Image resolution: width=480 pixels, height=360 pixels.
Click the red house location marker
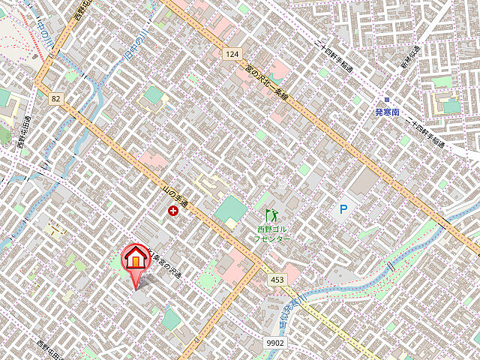[136, 259]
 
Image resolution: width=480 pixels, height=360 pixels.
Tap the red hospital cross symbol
[174, 212]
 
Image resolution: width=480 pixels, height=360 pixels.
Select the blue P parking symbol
[343, 211]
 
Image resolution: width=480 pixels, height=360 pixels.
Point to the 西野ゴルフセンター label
[271, 233]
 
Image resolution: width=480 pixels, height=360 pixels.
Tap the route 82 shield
[55, 98]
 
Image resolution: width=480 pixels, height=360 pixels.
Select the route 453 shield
[277, 280]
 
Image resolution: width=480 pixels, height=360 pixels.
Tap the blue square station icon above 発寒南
[387, 99]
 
